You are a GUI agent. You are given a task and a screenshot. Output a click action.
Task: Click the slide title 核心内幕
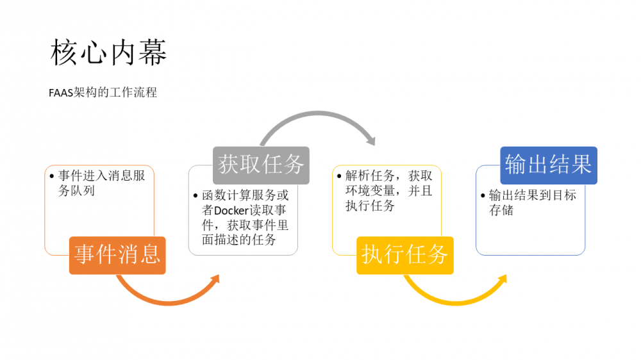[x=108, y=53]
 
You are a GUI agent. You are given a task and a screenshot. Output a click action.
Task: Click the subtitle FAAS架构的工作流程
[x=103, y=92]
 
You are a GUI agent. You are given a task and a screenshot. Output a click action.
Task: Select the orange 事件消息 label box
[x=117, y=255]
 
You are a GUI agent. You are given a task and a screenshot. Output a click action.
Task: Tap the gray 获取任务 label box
[x=261, y=165]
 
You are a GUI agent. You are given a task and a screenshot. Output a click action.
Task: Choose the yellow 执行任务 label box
[x=404, y=255]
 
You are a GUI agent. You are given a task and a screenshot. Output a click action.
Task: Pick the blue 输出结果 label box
[x=548, y=165]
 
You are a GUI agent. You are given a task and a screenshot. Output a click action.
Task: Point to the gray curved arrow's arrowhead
[x=370, y=139]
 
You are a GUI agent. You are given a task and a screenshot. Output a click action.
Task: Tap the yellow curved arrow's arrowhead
[x=502, y=280]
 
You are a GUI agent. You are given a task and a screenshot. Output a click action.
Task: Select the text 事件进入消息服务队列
[x=101, y=183]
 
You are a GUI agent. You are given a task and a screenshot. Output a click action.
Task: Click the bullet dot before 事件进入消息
[x=52, y=176]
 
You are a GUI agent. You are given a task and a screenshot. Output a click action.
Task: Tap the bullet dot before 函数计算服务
[x=196, y=196]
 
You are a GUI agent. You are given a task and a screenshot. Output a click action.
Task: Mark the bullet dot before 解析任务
[x=339, y=176]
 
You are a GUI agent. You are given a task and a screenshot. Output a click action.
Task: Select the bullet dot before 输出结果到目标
[x=483, y=196]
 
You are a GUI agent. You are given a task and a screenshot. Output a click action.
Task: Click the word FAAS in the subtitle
[x=61, y=92]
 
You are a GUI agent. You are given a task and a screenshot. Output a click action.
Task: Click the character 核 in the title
[x=65, y=53]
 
